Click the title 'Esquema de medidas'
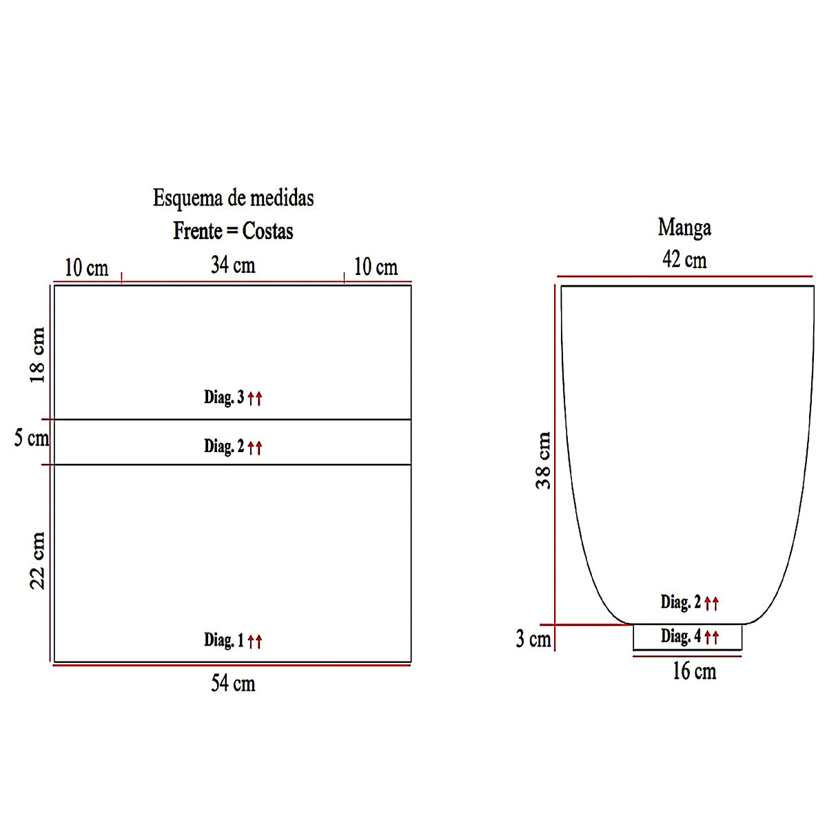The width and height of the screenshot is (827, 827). [234, 198]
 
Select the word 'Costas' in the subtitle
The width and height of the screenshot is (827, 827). [268, 231]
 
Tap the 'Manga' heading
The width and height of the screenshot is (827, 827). [684, 228]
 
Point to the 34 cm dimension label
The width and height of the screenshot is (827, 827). [233, 265]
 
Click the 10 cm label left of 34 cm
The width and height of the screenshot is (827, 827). [87, 268]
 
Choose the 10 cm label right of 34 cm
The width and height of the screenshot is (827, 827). [376, 267]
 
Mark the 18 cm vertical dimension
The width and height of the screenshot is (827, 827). [37, 355]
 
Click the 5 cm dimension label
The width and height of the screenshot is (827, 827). [32, 438]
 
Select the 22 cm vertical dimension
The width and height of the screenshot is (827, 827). [37, 560]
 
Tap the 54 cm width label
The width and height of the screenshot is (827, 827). [233, 683]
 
